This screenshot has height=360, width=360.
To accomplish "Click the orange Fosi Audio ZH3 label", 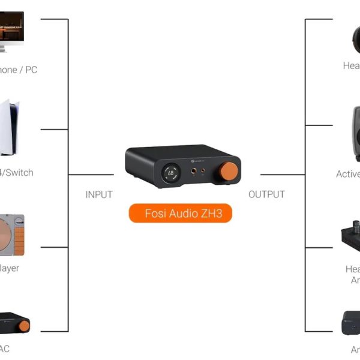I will [x=180, y=213].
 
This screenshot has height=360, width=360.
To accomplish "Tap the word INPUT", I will [x=99, y=194].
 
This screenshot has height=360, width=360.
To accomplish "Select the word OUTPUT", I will [x=266, y=194].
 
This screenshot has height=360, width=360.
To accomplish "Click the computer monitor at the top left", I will [x=11, y=30].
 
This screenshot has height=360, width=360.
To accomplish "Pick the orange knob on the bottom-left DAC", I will [x=24, y=326].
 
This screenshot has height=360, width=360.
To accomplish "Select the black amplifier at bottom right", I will [x=350, y=324].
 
